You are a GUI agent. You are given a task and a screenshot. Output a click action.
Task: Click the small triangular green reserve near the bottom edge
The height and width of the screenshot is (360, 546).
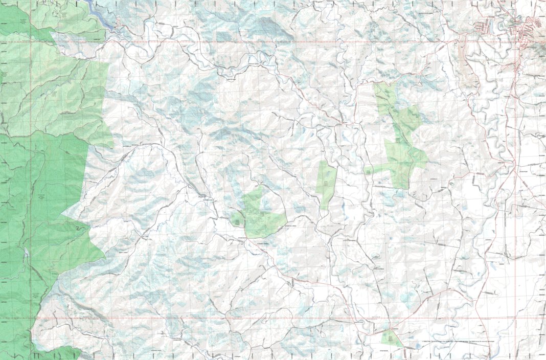tap(392, 338)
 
